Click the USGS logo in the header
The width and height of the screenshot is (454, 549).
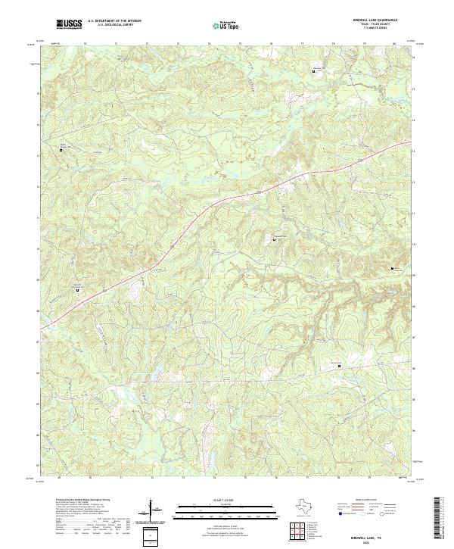coord(70,24)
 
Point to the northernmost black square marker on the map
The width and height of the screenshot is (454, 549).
coord(315,71)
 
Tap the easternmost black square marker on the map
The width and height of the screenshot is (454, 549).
coord(392,269)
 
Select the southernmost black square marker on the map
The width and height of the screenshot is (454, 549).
coord(339,367)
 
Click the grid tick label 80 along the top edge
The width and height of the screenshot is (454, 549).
coord(394,45)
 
